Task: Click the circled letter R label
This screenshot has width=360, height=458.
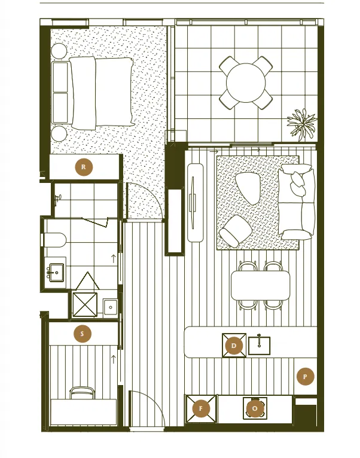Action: tap(84, 167)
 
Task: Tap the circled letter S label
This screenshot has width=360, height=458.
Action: tap(82, 334)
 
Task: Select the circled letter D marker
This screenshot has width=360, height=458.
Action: tap(233, 346)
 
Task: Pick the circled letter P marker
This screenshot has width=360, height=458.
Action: tap(305, 377)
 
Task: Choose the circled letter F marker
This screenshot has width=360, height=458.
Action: tap(201, 408)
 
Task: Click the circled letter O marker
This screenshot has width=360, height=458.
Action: tap(255, 408)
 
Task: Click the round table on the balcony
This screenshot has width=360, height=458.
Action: tap(246, 83)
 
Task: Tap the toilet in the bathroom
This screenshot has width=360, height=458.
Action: tap(54, 240)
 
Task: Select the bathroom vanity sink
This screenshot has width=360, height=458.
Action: tap(56, 272)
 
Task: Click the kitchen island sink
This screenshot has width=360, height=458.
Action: tap(259, 345)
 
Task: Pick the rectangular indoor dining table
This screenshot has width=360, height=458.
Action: tap(260, 285)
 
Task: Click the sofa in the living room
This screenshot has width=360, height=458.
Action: tap(297, 202)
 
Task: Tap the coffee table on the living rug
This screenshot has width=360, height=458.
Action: tap(247, 189)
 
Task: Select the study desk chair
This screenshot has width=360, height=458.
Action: tap(83, 393)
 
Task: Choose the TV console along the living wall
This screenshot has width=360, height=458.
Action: tap(195, 203)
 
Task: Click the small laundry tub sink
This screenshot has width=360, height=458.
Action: tap(111, 307)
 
